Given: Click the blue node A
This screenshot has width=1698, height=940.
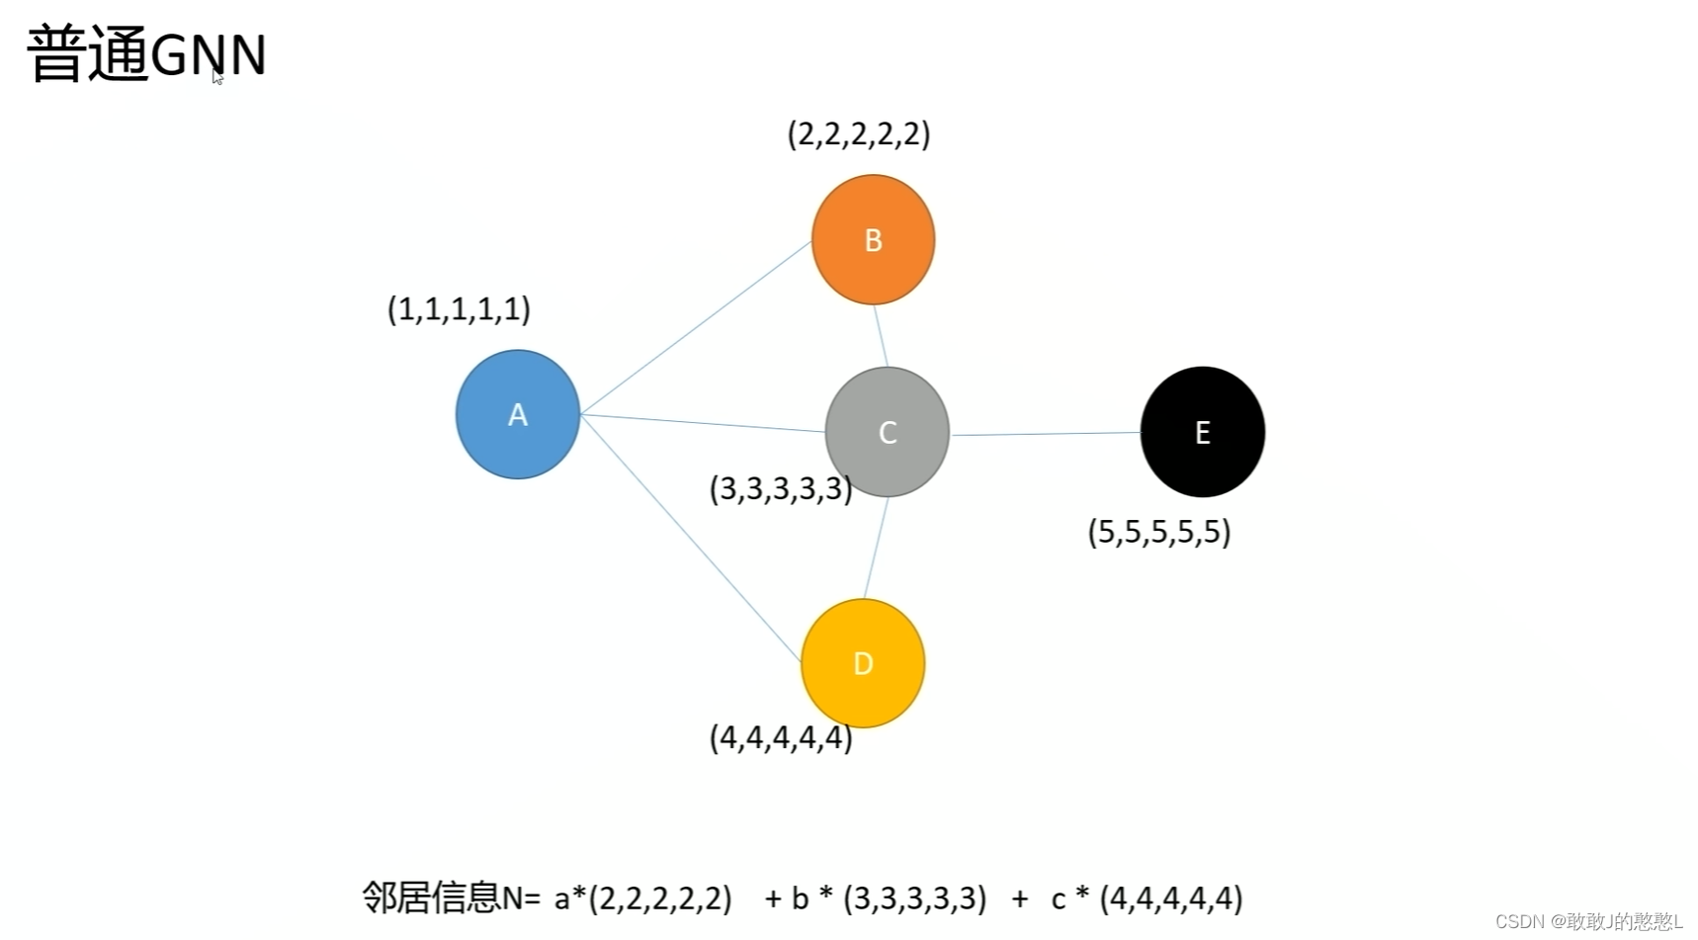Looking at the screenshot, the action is tap(517, 414).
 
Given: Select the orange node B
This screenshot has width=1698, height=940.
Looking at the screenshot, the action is tap(873, 239).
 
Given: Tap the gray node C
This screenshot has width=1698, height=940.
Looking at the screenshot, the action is tap(887, 432).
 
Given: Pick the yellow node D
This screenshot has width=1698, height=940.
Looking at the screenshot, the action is tap(863, 663).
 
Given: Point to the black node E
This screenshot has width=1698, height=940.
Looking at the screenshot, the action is tap(1202, 432).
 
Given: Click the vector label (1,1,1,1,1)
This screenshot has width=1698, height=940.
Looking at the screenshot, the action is tap(459, 309).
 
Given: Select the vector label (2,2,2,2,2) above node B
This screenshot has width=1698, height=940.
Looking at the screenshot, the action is tap(859, 133).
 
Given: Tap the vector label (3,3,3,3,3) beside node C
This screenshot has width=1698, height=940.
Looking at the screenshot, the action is tap(780, 488).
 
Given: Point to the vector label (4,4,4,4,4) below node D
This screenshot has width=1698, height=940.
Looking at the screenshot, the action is tap(780, 737).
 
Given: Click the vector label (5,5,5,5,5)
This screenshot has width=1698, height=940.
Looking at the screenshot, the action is tap(1158, 533).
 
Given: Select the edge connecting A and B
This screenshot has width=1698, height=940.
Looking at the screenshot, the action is tap(695, 327).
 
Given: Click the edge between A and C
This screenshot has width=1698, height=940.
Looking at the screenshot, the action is tap(702, 423).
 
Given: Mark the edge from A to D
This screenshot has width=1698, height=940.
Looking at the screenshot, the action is tap(690, 538).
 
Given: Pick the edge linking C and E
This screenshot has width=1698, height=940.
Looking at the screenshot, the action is tap(1045, 434).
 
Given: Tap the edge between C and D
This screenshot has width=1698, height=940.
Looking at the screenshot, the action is tap(876, 548).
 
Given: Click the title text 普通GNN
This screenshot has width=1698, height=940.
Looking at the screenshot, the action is tap(146, 54).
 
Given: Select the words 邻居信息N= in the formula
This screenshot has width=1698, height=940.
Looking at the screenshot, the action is tap(451, 897).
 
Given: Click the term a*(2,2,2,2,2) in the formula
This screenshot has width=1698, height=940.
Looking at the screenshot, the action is tap(642, 897).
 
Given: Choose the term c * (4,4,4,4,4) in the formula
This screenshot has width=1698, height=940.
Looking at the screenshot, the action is tap(1146, 897).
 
